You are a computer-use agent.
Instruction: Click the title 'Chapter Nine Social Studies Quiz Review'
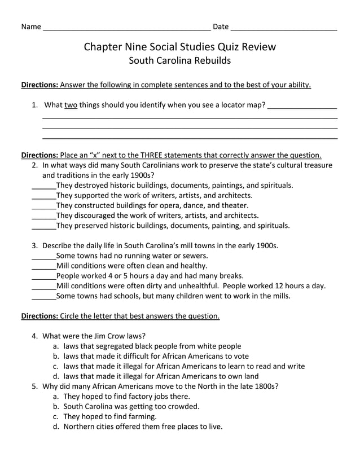point(180,47)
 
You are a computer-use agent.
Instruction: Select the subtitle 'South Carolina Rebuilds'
point(180,60)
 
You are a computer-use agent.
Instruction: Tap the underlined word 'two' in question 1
point(71,105)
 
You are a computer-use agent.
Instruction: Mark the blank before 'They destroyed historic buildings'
point(43,186)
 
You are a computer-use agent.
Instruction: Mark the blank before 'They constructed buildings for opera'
point(43,206)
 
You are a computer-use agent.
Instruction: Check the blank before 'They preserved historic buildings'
point(43,226)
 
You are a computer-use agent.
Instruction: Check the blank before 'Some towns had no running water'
point(43,256)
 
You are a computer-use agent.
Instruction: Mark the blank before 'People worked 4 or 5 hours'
point(43,276)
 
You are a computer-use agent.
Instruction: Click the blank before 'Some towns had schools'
point(43,296)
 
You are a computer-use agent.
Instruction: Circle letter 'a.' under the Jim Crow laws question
point(56,346)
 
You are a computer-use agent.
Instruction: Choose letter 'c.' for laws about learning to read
point(56,366)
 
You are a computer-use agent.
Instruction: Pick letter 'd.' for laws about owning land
point(56,376)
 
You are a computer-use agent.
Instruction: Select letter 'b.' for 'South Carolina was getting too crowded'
point(56,406)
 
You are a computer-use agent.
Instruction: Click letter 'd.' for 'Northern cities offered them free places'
point(56,427)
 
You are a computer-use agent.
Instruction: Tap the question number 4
point(34,336)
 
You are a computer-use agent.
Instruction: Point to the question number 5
point(34,386)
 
